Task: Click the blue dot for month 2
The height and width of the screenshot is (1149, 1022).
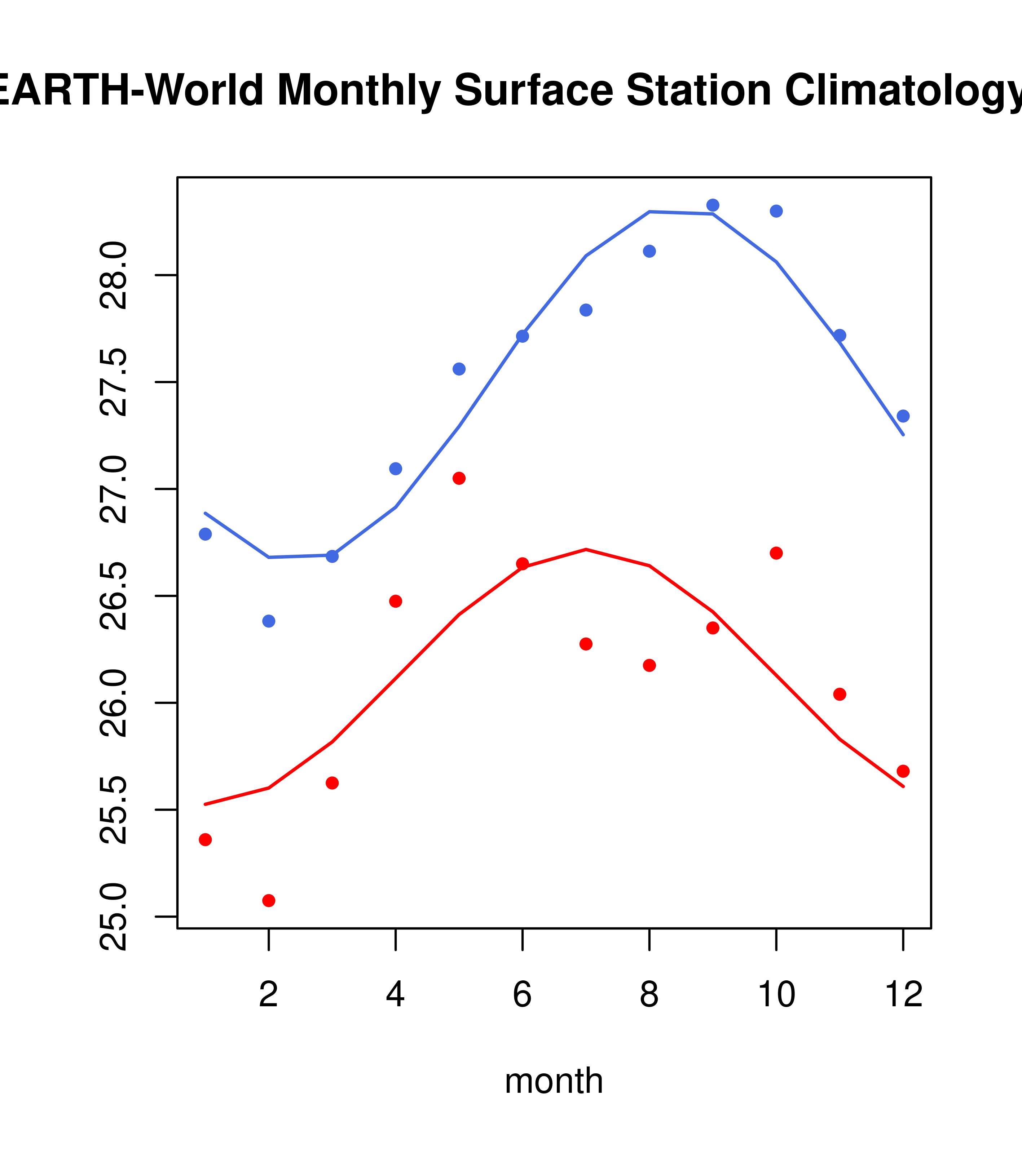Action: [269, 621]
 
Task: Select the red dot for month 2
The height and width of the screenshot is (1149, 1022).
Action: [269, 901]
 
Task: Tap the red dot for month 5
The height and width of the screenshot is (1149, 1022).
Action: [459, 478]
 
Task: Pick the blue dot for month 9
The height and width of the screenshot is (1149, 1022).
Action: [713, 205]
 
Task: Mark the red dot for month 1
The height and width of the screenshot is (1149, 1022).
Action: [205, 840]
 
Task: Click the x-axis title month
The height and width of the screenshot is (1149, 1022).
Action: [554, 1081]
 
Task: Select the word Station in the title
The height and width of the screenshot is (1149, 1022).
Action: [698, 90]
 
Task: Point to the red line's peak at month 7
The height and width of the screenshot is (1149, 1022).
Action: [586, 549]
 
